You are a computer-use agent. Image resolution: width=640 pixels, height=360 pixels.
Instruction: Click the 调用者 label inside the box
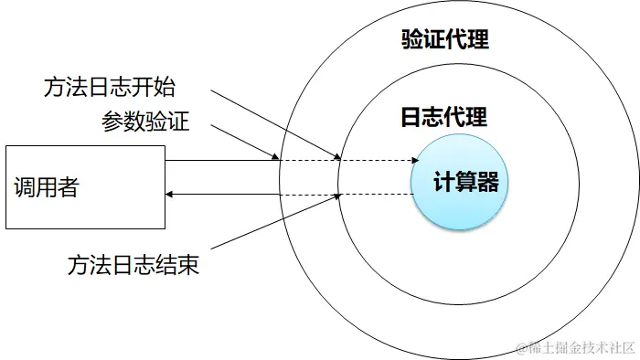[x=47, y=188]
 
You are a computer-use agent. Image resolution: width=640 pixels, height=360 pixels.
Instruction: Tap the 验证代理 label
[x=445, y=39]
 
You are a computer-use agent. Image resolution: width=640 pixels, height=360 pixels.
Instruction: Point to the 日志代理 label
[x=443, y=117]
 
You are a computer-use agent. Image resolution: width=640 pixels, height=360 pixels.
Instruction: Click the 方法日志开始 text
[x=109, y=88]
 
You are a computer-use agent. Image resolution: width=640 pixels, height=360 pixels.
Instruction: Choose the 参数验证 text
[x=145, y=122]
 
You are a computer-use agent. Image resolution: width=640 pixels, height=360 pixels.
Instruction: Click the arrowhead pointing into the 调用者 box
[x=170, y=193]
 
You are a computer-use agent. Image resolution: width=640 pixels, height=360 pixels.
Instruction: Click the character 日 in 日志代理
[x=411, y=117]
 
